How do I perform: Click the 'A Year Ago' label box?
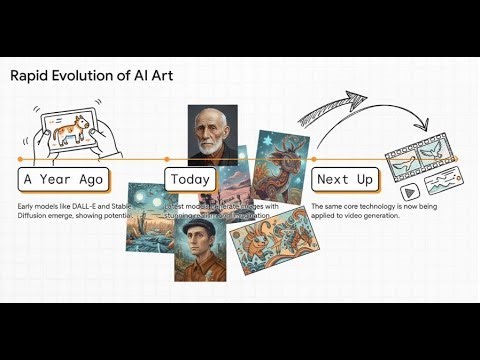point(62,180)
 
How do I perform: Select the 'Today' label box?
point(189,180)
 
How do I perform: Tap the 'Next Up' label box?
point(345,180)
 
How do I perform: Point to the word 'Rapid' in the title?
point(31,75)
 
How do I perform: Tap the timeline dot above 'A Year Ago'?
point(19,158)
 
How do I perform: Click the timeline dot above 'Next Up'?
point(313,158)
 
